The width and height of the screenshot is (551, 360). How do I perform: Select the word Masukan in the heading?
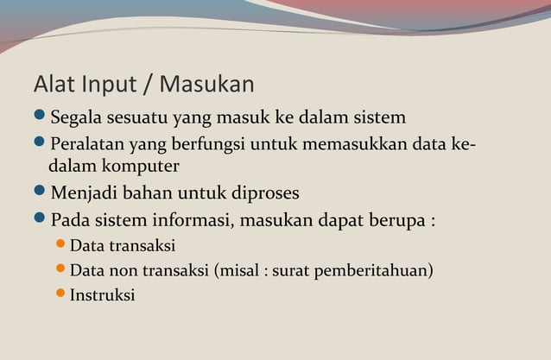click(207, 85)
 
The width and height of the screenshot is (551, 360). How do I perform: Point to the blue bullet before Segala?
click(40, 115)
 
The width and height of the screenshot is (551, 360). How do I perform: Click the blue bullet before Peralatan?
click(40, 142)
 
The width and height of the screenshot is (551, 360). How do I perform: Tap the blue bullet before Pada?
click(40, 218)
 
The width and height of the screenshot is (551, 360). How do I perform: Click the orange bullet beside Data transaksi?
click(60, 245)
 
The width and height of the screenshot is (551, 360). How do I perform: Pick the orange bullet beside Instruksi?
click(60, 294)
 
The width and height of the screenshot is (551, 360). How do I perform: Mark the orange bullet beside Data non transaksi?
click(60, 269)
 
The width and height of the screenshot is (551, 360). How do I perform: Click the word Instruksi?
click(102, 295)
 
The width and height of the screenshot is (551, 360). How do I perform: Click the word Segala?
click(78, 117)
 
